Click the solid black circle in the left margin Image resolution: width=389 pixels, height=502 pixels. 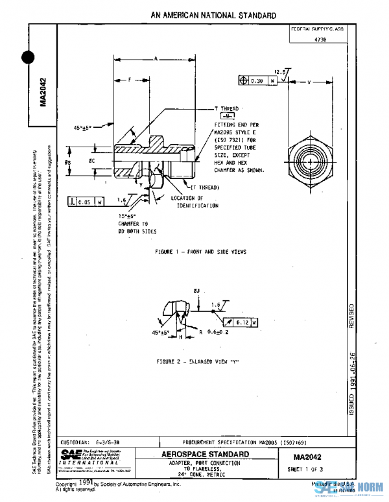[29, 58]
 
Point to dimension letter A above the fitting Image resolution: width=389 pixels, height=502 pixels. [156, 59]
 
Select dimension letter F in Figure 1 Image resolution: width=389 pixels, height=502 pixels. [129, 80]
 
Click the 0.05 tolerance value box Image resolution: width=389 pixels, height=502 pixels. [85, 202]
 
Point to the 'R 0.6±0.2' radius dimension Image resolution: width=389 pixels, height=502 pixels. [214, 333]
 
